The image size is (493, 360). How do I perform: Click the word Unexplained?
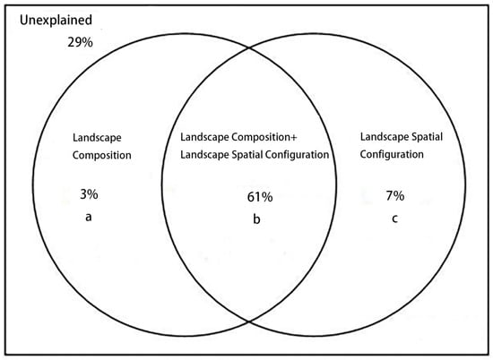coord(56,20)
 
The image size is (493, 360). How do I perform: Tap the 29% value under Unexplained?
coord(80,42)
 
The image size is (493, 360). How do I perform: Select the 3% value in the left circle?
coord(89,194)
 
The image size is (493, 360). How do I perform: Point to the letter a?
coord(89,217)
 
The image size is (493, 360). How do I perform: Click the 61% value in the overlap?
coord(260,197)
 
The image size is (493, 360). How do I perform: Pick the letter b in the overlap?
coord(256,219)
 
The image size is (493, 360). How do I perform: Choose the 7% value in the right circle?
coord(395,196)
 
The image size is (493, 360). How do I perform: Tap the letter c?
coord(395,219)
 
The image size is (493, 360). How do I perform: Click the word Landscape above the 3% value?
coord(97,138)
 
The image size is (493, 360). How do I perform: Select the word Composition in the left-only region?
coord(102,156)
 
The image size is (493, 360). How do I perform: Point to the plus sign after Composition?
coord(294,137)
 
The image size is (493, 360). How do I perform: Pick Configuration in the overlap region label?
coord(297,155)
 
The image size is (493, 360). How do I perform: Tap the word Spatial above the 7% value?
coord(428,137)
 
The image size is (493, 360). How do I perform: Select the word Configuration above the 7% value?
coord(392,155)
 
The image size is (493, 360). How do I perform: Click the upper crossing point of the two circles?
coord(249,47)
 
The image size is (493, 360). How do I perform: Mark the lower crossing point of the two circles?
coord(249,321)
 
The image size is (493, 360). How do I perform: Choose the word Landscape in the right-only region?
coord(385,137)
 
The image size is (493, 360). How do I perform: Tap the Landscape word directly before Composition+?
coord(204,137)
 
